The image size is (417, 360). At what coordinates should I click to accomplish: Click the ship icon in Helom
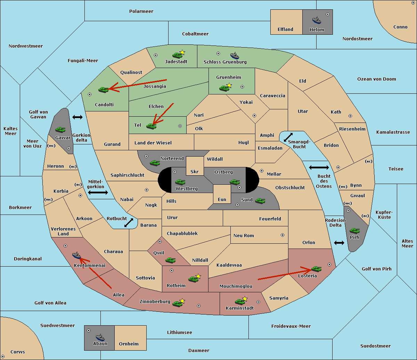[x=317, y=20]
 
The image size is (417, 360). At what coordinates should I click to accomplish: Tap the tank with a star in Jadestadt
[x=178, y=54]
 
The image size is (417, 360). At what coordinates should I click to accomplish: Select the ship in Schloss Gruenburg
[x=235, y=56]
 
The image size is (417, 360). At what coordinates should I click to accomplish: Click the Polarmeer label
[x=141, y=11]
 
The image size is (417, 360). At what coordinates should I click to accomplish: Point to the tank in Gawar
[x=60, y=129]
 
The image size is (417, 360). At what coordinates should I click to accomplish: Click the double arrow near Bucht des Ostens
[x=319, y=168]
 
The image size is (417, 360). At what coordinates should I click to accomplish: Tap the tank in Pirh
[x=354, y=231]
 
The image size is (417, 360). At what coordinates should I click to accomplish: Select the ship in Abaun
[x=100, y=337]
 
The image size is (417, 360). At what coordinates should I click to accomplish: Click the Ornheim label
[x=129, y=344]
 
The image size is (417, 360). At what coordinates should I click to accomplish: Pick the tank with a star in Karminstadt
[x=240, y=301]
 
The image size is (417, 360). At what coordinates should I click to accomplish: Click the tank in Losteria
[x=316, y=269]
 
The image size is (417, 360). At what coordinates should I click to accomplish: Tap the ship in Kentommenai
[x=76, y=256]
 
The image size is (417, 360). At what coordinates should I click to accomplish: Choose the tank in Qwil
[x=170, y=260]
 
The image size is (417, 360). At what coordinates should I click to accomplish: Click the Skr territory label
[x=195, y=171]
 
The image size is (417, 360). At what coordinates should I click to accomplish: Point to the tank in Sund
[x=260, y=201]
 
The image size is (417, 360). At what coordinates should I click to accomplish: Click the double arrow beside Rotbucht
[x=129, y=223]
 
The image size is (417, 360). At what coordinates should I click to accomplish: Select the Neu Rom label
[x=244, y=235]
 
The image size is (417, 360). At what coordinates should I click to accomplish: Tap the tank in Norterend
[x=155, y=163]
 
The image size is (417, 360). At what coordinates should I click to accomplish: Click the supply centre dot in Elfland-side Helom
[x=327, y=14]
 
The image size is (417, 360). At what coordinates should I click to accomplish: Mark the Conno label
[x=400, y=27]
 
